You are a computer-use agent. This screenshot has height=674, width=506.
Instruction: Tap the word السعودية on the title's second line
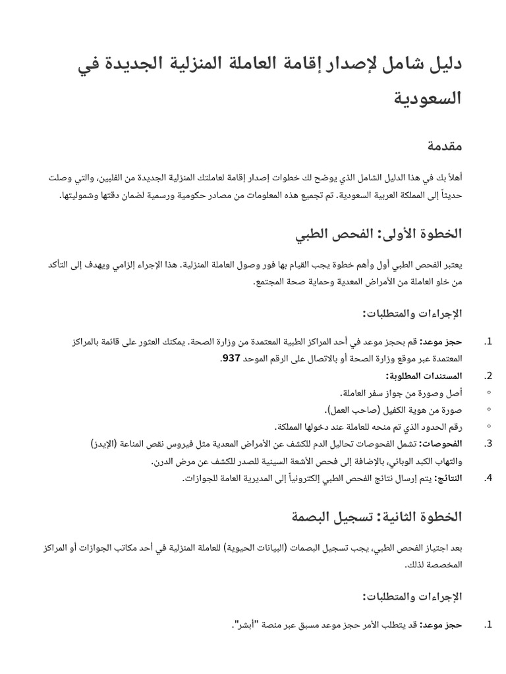tap(428, 99)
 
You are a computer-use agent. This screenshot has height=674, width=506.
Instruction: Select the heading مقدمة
tap(443, 146)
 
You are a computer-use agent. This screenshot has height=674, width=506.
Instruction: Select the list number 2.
tap(488, 376)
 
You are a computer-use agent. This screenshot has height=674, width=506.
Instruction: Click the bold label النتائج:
tap(448, 479)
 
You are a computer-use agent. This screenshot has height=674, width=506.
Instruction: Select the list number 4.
tap(488, 479)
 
